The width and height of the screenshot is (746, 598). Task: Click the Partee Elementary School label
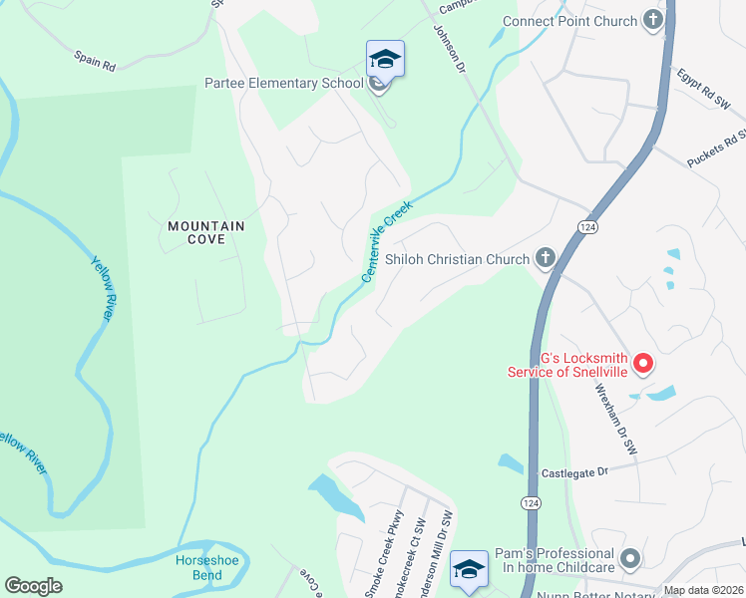284,83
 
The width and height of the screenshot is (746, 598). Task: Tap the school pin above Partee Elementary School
385,60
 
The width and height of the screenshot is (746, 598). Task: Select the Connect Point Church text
569,21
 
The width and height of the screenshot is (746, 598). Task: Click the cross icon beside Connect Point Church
654,20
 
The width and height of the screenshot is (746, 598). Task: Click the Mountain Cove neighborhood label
206,233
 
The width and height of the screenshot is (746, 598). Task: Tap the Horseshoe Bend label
192,568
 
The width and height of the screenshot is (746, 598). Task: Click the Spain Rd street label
96,61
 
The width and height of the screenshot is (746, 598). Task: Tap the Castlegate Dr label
574,473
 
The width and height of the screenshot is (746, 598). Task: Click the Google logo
33,585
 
